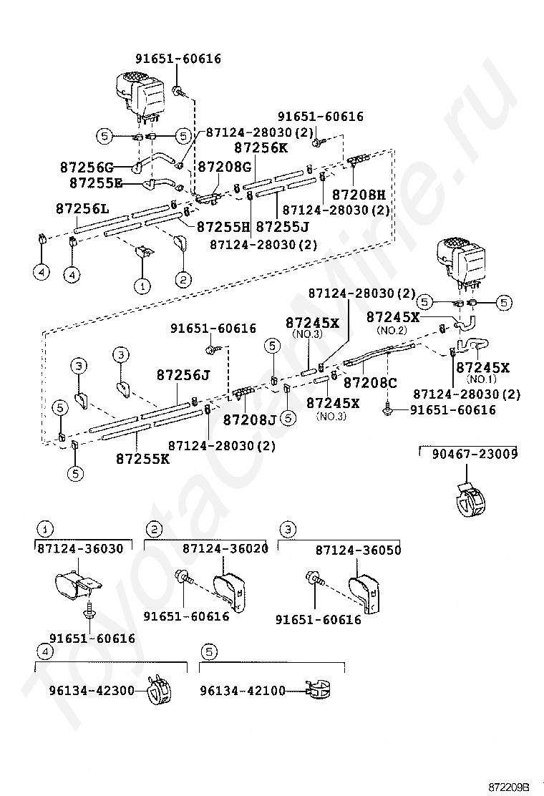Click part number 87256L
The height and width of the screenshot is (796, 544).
(x=82, y=208)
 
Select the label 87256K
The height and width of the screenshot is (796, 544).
(x=261, y=148)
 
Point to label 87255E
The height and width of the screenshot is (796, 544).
(x=95, y=183)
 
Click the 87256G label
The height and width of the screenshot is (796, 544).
(x=87, y=168)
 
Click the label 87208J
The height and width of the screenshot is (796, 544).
(x=249, y=419)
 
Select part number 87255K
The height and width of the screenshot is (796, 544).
(x=142, y=458)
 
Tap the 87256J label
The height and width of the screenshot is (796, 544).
(x=183, y=375)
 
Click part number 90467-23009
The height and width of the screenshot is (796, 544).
(x=475, y=454)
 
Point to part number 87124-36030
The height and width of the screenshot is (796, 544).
(x=79, y=548)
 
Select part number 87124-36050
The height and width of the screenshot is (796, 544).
(x=358, y=550)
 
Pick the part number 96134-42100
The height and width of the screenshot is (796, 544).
(x=242, y=691)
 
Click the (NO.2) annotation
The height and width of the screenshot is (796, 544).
(x=392, y=330)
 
